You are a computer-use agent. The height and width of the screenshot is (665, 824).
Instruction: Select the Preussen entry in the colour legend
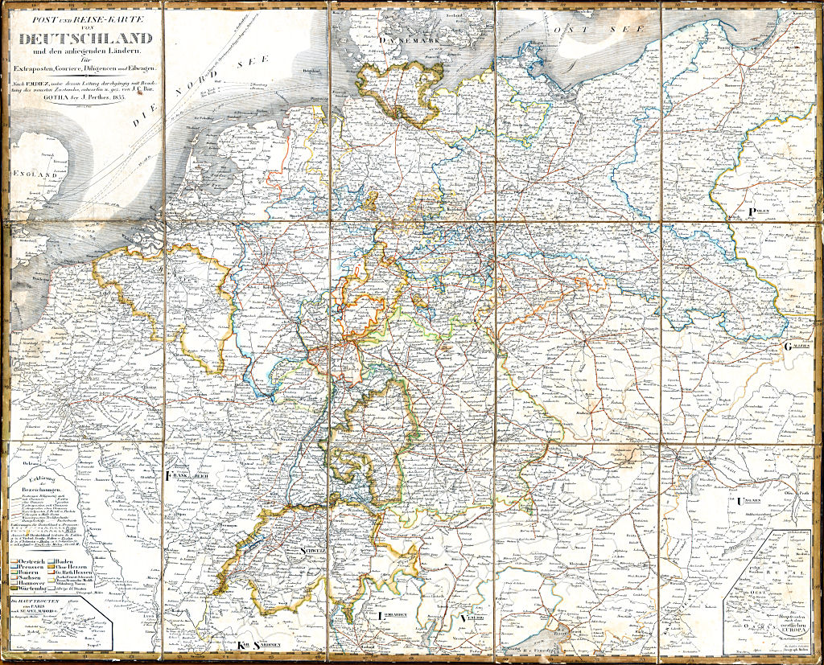click(33, 567)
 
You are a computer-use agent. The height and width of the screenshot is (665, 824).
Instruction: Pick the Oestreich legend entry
click(33, 559)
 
